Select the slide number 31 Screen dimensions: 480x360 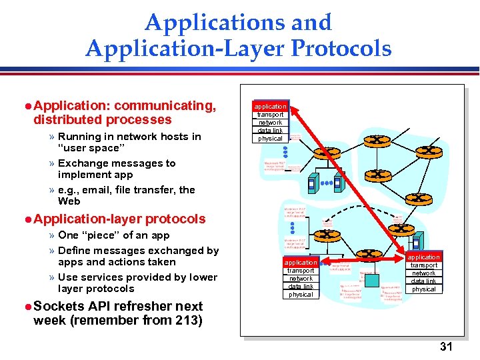[x=446, y=347]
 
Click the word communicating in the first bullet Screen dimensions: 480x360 [x=167, y=105]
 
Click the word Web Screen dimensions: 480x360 [x=69, y=201]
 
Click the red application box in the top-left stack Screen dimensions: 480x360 [x=270, y=106]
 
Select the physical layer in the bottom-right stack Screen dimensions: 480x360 [x=424, y=289]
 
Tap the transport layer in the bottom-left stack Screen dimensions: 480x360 [x=301, y=271]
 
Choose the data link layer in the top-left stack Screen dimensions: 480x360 [x=270, y=131]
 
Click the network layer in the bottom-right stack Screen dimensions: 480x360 [x=424, y=273]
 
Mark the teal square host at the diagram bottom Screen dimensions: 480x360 [x=371, y=280]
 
